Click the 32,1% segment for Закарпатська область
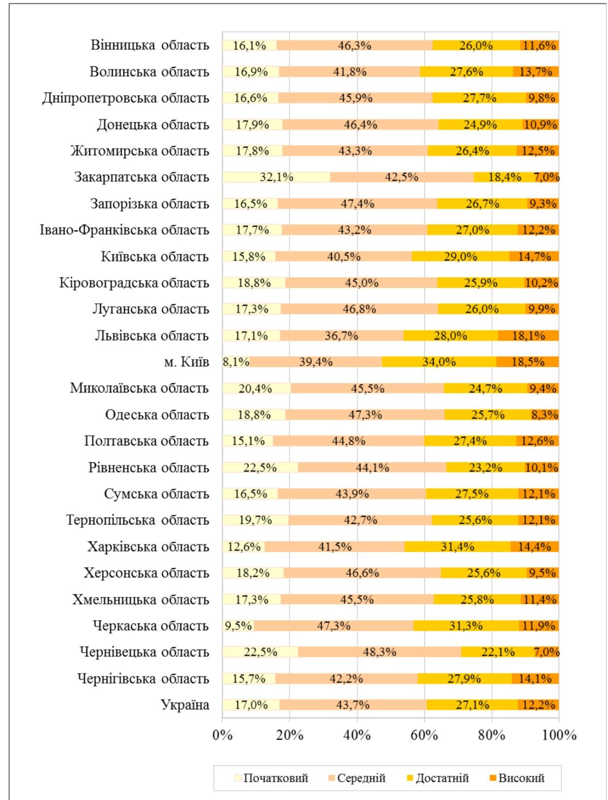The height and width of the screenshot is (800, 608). point(276,177)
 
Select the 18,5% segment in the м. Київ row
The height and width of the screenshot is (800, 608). point(527,362)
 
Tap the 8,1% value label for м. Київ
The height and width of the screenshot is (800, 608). point(236,362)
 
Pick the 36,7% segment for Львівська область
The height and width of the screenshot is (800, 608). point(341,336)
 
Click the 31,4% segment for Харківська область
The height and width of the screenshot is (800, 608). point(458,547)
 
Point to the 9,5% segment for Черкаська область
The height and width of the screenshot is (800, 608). point(238,626)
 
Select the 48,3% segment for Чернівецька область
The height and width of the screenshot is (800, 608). point(379,652)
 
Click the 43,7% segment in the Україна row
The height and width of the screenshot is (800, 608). point(353,705)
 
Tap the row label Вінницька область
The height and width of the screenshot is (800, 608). point(149,45)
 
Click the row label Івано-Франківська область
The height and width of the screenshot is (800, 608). point(124,230)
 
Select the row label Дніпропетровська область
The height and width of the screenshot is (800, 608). point(125,98)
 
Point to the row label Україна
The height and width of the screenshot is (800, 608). point(184,705)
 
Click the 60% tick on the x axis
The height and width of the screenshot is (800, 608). point(424,735)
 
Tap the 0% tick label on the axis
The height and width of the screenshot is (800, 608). point(222,735)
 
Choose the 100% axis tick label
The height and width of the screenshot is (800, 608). point(559,735)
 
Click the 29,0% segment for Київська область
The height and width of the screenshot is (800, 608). point(460,257)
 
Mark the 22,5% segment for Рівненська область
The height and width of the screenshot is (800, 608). point(260,467)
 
